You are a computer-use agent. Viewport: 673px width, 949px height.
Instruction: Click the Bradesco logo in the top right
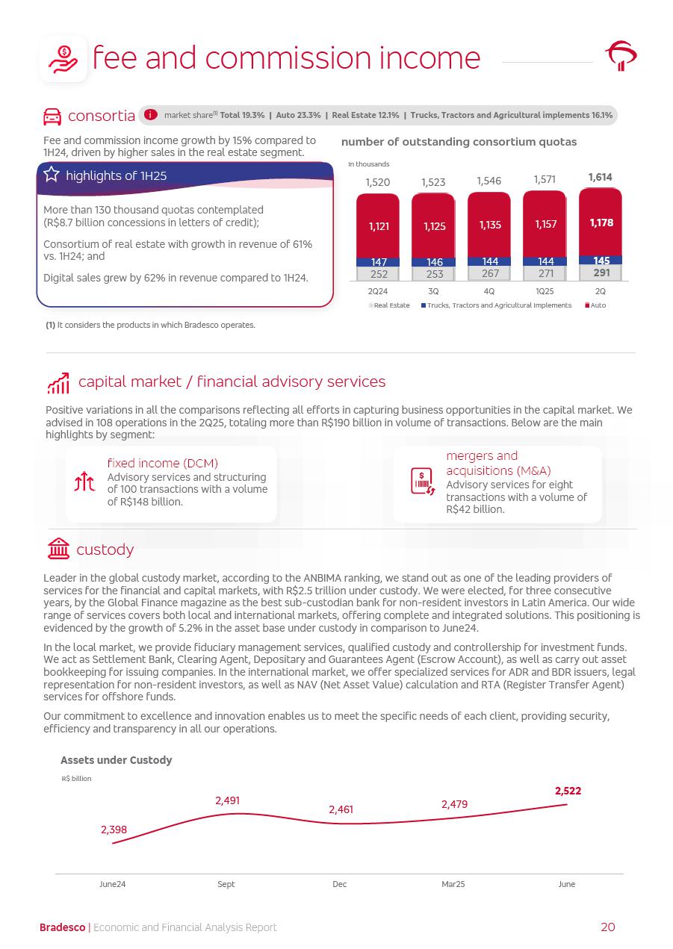tap(620, 56)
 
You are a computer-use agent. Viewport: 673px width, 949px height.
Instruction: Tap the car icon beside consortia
tap(52, 116)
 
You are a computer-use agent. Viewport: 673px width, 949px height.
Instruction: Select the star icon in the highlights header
tap(52, 175)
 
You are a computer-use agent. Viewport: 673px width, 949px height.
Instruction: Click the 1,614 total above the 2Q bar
tap(600, 178)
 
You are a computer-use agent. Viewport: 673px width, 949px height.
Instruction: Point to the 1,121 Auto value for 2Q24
tap(378, 225)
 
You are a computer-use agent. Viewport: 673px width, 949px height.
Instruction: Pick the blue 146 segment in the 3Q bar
tap(434, 262)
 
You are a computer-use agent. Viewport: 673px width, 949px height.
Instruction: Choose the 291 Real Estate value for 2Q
tap(601, 273)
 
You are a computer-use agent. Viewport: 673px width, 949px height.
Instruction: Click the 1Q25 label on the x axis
tap(545, 291)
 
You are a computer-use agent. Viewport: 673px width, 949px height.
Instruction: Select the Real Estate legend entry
tap(388, 305)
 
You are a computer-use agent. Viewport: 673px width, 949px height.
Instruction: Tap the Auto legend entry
tap(595, 305)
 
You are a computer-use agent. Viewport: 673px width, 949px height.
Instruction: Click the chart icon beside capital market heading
tap(58, 383)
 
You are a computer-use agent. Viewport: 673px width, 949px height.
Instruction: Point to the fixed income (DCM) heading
tap(162, 463)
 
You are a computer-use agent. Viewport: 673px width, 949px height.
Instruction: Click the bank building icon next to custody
tap(58, 549)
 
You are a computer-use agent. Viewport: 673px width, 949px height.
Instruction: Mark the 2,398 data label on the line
tap(114, 830)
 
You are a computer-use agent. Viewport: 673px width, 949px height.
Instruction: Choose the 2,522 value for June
tap(568, 791)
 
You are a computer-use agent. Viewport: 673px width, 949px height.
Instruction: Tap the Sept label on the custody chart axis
tap(226, 884)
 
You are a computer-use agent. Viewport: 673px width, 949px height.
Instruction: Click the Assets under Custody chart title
tap(116, 760)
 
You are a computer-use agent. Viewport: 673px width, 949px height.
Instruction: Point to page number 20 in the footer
tap(607, 927)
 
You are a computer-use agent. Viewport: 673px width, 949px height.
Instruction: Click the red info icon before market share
tap(150, 115)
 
